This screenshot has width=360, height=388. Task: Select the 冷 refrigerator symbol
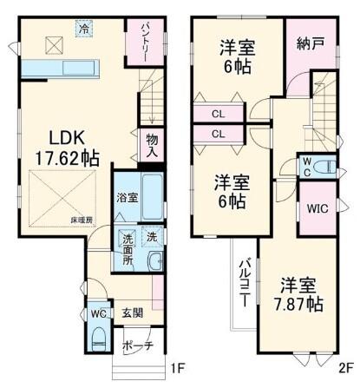click(84, 29)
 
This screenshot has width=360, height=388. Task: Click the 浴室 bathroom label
click(127, 199)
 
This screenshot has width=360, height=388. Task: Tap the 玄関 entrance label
click(133, 312)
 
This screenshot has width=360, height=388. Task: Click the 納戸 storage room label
click(310, 43)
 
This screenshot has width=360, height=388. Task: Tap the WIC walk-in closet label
click(314, 208)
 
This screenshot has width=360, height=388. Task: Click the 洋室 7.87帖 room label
click(301, 294)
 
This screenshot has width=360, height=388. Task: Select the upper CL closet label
click(218, 114)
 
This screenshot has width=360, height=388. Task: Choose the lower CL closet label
click(218, 134)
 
